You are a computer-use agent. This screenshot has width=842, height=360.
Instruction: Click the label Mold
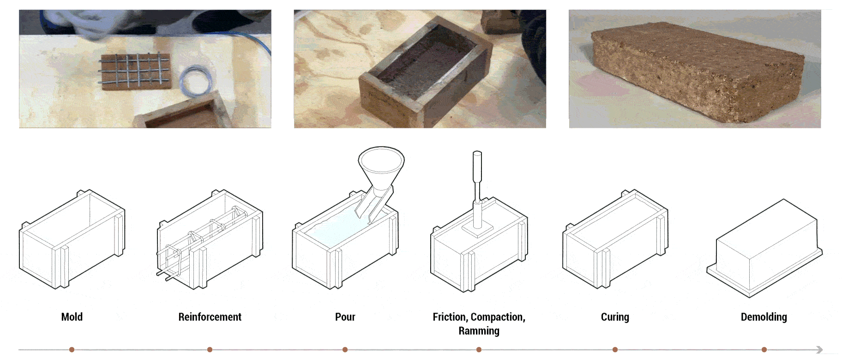tap(72, 317)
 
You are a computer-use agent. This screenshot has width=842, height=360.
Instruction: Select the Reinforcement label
tap(210, 317)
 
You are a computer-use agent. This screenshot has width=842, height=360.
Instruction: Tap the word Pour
tap(345, 317)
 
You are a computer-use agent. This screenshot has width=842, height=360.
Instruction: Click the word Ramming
tap(479, 331)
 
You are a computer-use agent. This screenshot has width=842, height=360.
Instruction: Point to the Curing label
tap(615, 317)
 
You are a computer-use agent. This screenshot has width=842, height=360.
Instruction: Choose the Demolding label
tap(764, 317)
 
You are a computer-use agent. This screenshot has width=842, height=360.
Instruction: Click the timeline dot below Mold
tap(72, 350)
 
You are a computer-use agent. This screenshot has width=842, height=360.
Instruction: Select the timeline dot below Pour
tap(345, 350)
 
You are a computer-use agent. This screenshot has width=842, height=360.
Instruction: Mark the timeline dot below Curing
tap(615, 350)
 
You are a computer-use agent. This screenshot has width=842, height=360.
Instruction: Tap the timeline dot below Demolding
tap(764, 350)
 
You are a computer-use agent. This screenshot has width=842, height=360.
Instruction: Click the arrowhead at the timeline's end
tap(819, 350)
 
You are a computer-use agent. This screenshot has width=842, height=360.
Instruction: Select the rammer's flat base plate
tap(477, 229)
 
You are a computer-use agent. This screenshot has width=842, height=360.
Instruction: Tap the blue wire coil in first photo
tap(197, 81)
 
